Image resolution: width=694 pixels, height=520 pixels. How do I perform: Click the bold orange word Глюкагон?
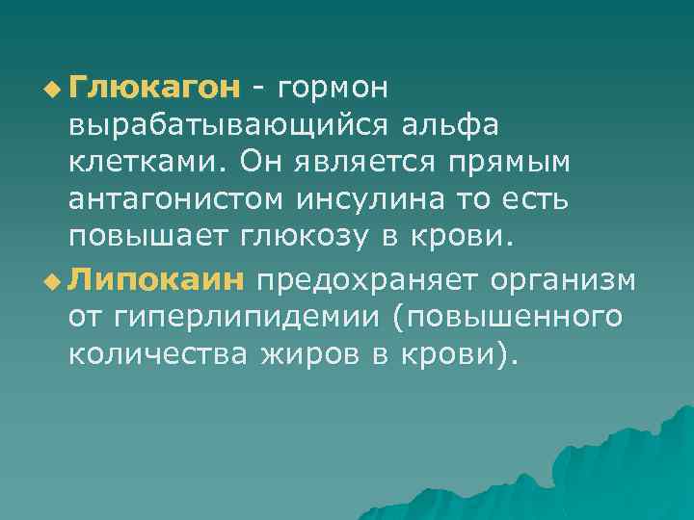[154, 89]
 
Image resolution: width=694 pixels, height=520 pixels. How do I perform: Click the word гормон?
[332, 89]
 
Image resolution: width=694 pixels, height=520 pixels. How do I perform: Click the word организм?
[563, 279]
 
